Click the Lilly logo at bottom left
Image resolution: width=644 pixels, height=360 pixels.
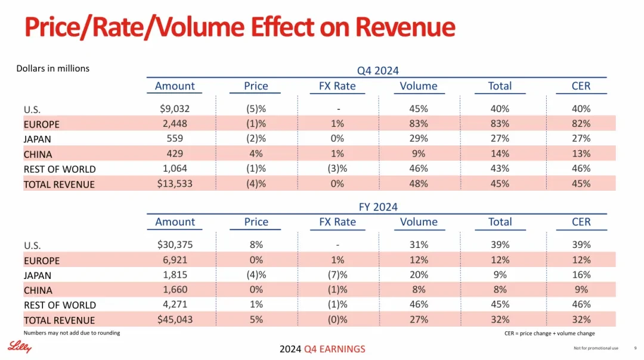pos(19,347)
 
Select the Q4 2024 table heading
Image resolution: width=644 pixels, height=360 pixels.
pos(377,70)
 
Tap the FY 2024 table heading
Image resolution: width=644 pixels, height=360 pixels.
pos(378,207)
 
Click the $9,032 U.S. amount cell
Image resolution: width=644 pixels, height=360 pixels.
pos(175,109)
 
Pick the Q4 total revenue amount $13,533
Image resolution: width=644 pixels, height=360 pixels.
pos(175,184)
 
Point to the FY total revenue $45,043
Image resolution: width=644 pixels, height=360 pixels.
pos(175,319)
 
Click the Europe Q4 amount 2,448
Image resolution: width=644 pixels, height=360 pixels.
pos(175,123)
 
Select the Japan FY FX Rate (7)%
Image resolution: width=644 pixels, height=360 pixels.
pos(337,275)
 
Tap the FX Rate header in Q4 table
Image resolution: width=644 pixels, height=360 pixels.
pos(337,86)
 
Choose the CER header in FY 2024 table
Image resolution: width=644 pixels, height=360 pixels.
pos(581,222)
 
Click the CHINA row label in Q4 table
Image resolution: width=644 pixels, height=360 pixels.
pos(38,154)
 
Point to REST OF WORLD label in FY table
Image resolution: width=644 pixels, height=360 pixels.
pos(60,305)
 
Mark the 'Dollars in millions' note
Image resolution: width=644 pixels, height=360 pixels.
pos(52,69)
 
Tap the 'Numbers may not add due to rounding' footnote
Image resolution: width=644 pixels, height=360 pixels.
pos(72,333)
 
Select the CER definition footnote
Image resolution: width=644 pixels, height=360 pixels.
pos(550,333)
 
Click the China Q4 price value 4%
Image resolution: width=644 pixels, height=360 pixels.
pos(256,154)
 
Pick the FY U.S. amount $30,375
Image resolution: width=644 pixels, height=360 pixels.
pos(175,244)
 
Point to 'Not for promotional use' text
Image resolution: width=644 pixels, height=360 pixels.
pos(596,348)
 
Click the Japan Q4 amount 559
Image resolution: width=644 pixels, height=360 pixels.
pos(175,139)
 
